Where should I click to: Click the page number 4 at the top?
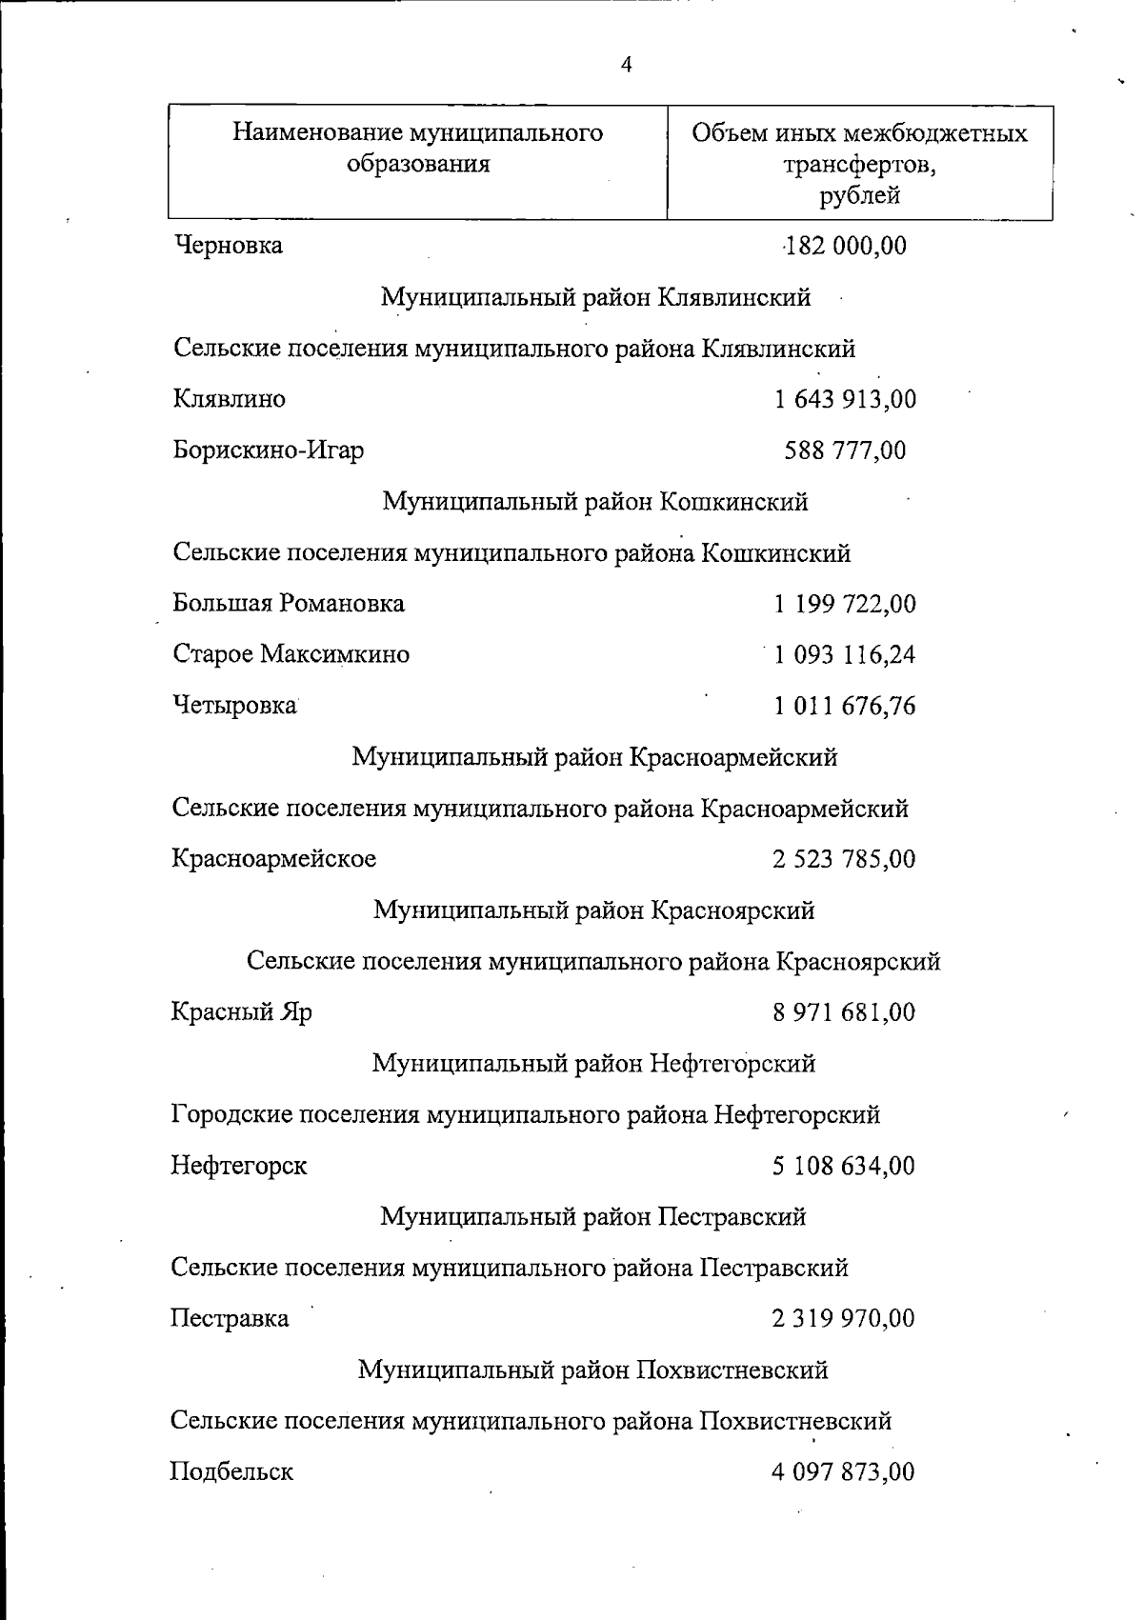[626, 65]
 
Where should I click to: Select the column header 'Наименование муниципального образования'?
[418, 148]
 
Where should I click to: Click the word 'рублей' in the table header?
[859, 196]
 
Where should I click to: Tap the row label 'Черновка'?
[229, 246]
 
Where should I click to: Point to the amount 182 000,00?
[844, 246]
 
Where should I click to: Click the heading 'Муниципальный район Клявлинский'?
[596, 297]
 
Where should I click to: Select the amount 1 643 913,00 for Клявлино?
[846, 399]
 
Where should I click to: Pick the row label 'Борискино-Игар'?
[269, 450]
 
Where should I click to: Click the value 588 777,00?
[846, 450]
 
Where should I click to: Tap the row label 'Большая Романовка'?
[289, 603]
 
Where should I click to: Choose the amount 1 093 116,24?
[846, 654]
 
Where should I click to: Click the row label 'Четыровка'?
[234, 706]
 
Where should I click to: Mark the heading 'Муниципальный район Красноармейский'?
[595, 757]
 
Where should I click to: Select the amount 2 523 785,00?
[845, 859]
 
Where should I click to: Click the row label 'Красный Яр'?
[242, 1011]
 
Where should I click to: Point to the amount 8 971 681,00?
[845, 1011]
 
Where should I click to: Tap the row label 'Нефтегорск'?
[239, 1165]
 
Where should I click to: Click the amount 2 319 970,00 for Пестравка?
[844, 1318]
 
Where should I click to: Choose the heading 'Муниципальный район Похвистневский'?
[593, 1370]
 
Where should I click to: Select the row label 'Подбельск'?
[232, 1471]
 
